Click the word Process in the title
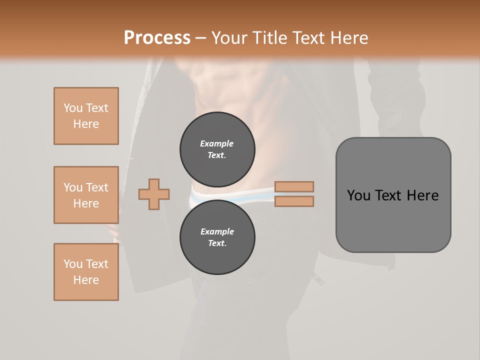click(x=157, y=37)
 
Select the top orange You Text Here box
click(x=86, y=116)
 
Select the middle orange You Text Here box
click(x=86, y=195)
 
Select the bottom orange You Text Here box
click(x=86, y=272)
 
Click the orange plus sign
click(x=154, y=194)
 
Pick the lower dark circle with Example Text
click(x=217, y=237)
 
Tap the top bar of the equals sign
click(x=294, y=186)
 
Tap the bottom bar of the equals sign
click(x=294, y=201)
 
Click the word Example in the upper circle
click(x=216, y=143)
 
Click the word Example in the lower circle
click(x=217, y=231)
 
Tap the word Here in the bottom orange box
click(x=86, y=280)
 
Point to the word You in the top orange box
click(x=72, y=108)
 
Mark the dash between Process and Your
click(x=200, y=38)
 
